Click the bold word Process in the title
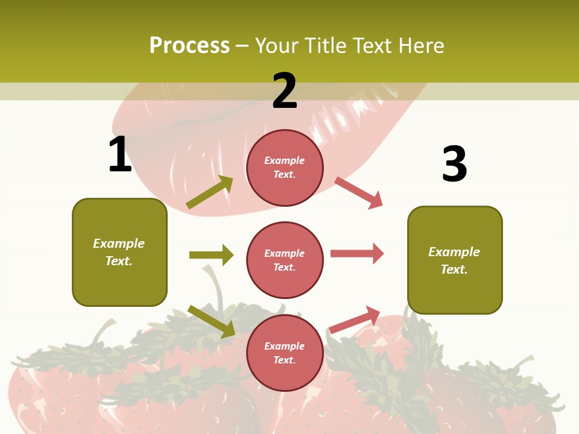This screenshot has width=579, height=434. (x=189, y=46)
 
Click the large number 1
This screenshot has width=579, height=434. (x=120, y=154)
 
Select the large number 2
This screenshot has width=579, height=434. (x=285, y=91)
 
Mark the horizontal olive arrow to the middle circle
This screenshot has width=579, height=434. (x=211, y=255)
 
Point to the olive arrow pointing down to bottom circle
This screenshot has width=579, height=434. (x=211, y=321)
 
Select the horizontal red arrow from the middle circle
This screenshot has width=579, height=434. (x=357, y=254)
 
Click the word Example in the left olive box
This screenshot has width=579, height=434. (x=119, y=244)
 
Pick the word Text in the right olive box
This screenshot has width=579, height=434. (x=454, y=269)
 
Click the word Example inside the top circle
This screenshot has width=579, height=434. (x=285, y=160)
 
